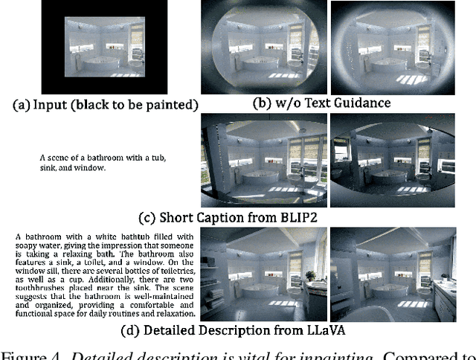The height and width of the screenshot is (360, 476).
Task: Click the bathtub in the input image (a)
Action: (101, 62)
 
